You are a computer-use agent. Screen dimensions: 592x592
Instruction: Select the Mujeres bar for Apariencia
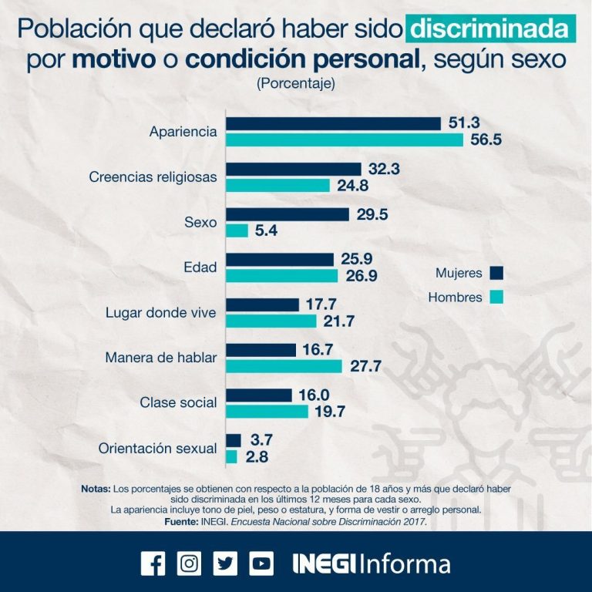333,124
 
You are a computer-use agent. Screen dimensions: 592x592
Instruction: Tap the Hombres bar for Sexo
237,230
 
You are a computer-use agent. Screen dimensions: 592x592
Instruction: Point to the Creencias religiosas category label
153,177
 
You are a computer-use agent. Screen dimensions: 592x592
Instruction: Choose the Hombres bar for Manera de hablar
284,366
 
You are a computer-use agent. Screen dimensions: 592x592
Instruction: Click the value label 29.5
374,214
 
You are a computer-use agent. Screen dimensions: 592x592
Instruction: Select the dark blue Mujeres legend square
496,273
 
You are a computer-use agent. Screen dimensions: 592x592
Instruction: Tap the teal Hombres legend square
496,297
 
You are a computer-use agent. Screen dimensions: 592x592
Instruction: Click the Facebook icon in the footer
153,563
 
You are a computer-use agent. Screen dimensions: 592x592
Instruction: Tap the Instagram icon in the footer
189,563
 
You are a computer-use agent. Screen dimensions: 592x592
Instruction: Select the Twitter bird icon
225,563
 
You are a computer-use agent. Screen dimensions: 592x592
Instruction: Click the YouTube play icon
261,563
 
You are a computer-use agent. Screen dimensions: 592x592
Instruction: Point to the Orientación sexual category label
158,449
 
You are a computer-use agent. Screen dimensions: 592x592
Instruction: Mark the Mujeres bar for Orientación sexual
233,441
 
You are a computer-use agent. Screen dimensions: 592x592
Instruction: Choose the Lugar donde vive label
160,313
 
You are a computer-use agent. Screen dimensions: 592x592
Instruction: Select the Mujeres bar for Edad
280,260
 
